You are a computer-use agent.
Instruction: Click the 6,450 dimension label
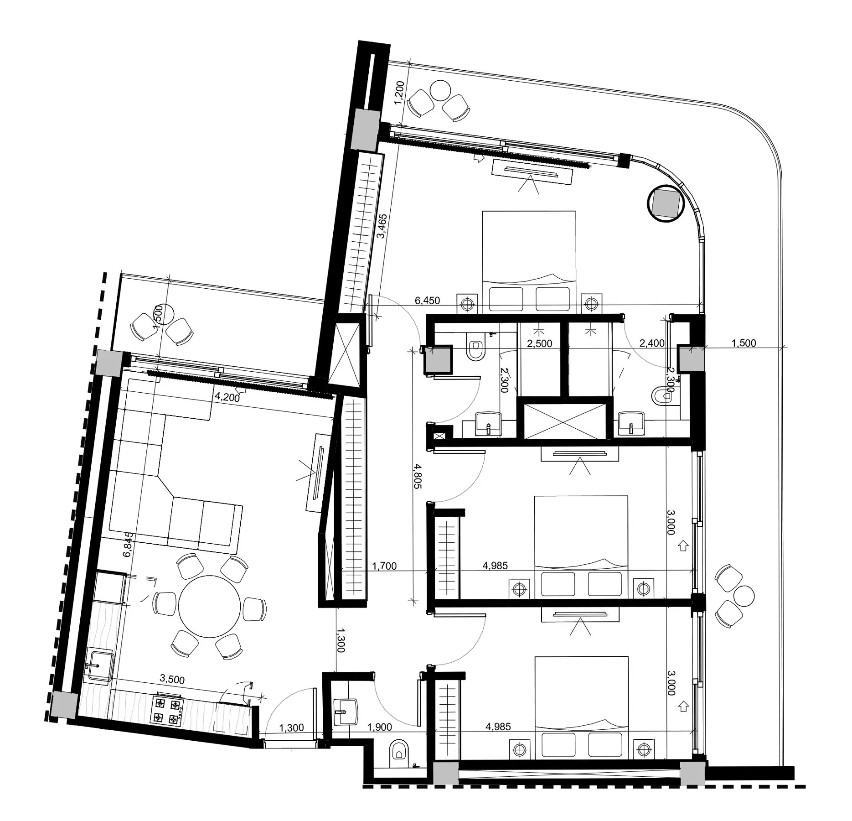click(x=427, y=300)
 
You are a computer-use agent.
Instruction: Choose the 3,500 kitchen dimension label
click(x=172, y=680)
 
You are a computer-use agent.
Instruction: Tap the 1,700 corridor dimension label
click(x=384, y=566)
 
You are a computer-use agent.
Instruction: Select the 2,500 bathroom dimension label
click(x=539, y=343)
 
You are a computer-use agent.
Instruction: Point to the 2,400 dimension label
click(x=652, y=343)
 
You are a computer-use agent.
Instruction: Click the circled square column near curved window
click(x=666, y=203)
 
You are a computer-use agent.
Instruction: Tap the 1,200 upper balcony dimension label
click(x=399, y=93)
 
